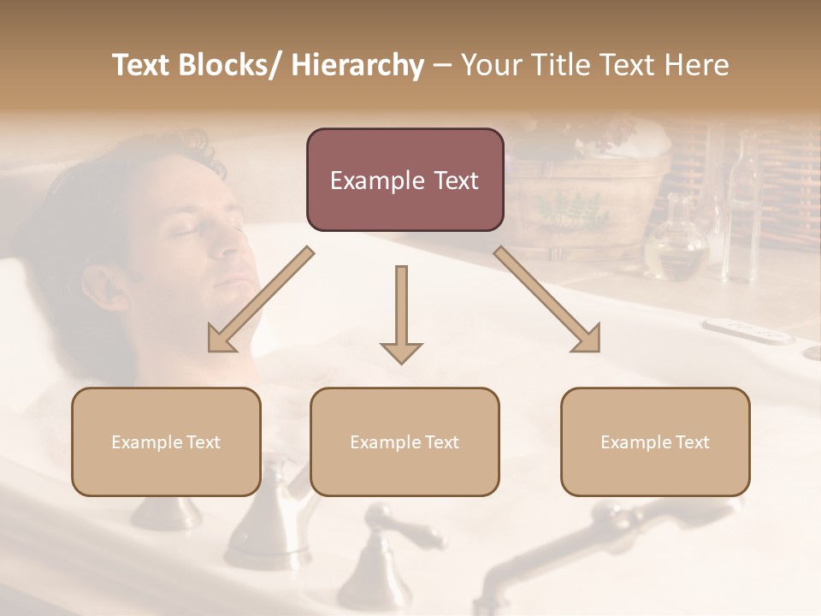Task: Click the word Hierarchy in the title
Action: point(357,65)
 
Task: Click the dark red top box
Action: point(405,180)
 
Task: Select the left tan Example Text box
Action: point(166,441)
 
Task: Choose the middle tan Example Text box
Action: point(405,441)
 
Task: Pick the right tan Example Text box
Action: point(655,441)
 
